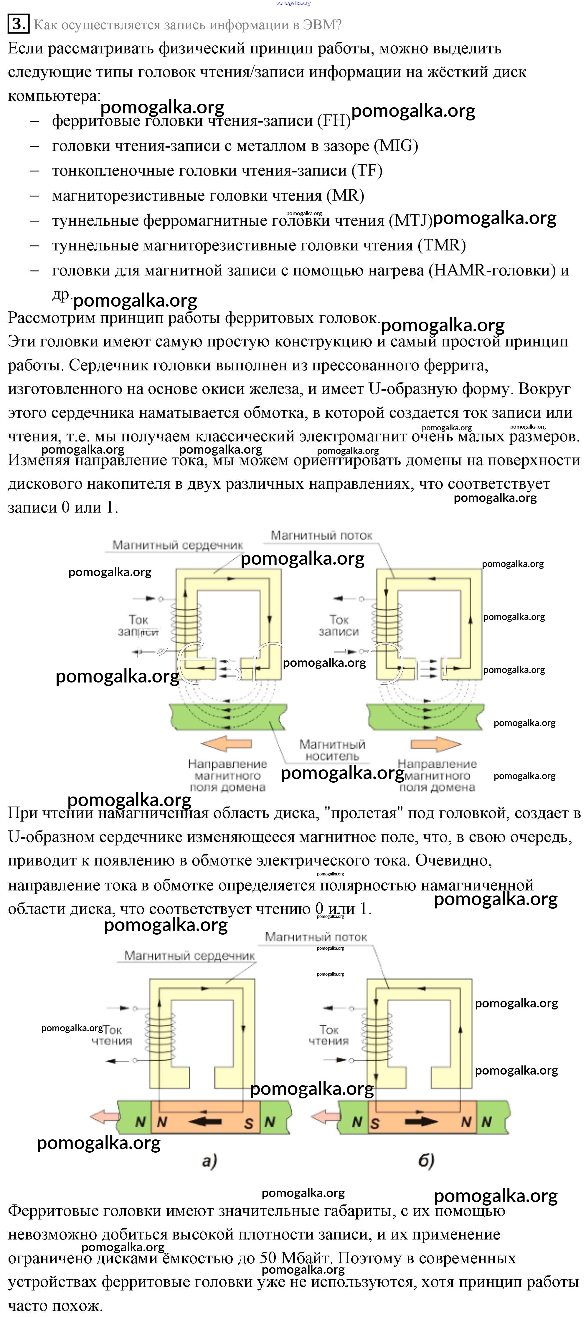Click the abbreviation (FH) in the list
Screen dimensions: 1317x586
334,121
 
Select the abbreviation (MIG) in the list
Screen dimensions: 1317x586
396,146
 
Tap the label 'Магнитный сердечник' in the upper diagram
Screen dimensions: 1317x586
177,545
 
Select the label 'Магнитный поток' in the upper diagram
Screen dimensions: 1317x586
321,535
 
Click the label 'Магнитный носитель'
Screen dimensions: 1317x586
332,750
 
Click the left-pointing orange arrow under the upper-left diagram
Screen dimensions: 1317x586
225,743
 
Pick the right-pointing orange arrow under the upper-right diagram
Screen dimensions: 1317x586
436,743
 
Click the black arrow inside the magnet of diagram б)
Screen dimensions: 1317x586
420,1122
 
